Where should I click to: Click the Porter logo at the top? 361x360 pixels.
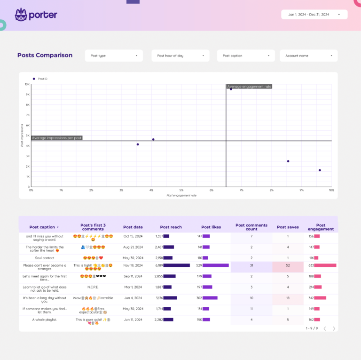pyautogui.click(x=36, y=15)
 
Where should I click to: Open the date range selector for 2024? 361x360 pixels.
pyautogui.click(x=314, y=15)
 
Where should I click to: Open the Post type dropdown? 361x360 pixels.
pyautogui.click(x=114, y=56)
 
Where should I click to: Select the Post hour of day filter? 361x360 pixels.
pyautogui.click(x=180, y=56)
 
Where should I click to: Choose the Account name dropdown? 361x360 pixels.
pyautogui.click(x=308, y=56)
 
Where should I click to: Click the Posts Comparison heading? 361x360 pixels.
pyautogui.click(x=45, y=55)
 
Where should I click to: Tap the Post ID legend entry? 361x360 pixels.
pyautogui.click(x=40, y=79)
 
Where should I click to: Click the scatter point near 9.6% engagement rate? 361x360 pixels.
pyautogui.click(x=320, y=170)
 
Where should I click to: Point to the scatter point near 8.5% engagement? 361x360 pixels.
pyautogui.click(x=288, y=161)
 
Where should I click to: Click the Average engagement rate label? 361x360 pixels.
pyautogui.click(x=250, y=87)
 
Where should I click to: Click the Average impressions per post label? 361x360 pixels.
pyautogui.click(x=57, y=138)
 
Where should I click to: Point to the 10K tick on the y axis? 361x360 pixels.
pyautogui.click(x=27, y=84)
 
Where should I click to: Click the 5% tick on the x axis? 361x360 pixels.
pyautogui.click(x=181, y=190)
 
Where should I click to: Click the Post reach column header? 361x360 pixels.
pyautogui.click(x=171, y=227)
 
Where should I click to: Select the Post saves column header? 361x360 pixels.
pyautogui.click(x=288, y=227)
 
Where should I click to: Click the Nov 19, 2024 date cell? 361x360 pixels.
pyautogui.click(x=133, y=265)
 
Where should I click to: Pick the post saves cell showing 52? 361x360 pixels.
pyautogui.click(x=288, y=265)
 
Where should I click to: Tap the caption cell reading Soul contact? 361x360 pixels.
pyautogui.click(x=45, y=258)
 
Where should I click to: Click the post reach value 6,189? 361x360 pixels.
pyautogui.click(x=159, y=265)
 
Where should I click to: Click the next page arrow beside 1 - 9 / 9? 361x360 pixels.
pyautogui.click(x=334, y=328)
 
